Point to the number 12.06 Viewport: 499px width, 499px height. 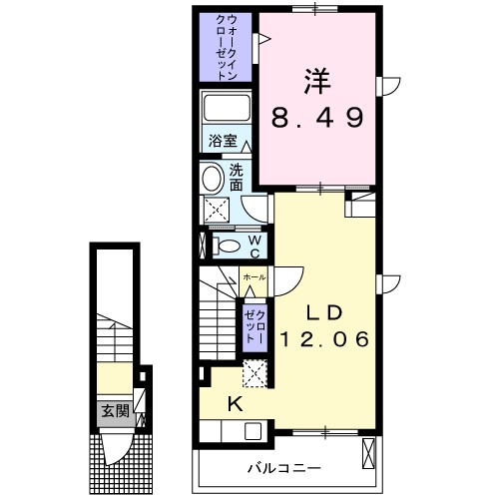[x=325, y=339]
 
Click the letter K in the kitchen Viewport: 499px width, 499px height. [x=237, y=404]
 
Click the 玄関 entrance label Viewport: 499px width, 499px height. [x=114, y=409]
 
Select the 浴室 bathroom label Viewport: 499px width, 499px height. [x=222, y=143]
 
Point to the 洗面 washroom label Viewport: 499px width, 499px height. [x=237, y=177]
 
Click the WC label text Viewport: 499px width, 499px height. [x=254, y=244]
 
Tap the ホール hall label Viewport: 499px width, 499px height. [x=254, y=275]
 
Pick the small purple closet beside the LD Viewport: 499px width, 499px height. [x=253, y=325]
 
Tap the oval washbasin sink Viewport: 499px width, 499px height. [x=213, y=180]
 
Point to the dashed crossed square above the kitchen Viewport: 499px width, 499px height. [x=255, y=372]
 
